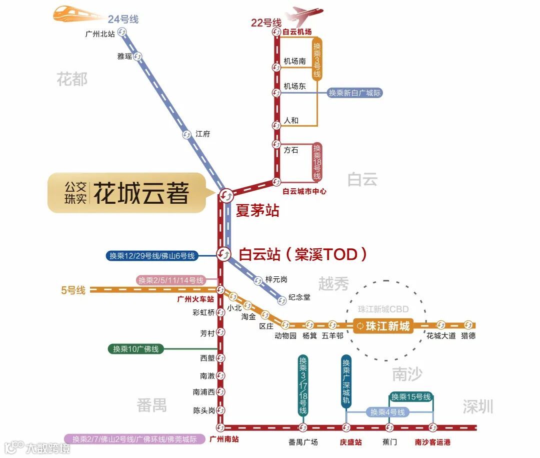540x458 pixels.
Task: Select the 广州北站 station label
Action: [x=100, y=34]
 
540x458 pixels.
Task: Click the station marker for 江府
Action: [x=187, y=134]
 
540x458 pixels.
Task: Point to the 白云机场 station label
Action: [x=297, y=32]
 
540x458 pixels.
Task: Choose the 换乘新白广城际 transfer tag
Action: [x=355, y=93]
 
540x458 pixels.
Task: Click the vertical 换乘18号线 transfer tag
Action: [x=317, y=162]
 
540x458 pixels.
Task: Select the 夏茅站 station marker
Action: [x=225, y=194]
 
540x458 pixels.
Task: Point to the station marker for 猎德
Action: [x=468, y=325]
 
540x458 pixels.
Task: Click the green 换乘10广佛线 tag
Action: [x=136, y=349]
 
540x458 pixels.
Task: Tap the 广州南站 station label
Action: [x=224, y=439]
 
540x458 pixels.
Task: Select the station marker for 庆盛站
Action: [x=346, y=427]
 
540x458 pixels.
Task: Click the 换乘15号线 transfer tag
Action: [x=411, y=397]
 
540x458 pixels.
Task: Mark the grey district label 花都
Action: [x=72, y=79]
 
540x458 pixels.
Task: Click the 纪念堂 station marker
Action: [x=282, y=300]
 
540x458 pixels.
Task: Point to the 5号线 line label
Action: [x=73, y=290]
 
